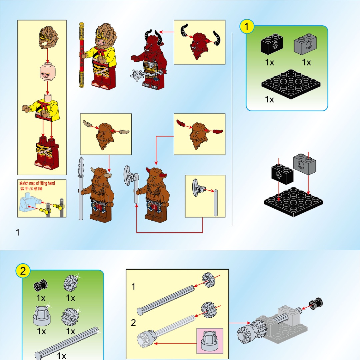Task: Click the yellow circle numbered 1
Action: point(247,27)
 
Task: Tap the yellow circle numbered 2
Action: point(23,271)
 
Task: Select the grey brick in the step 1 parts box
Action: point(305,44)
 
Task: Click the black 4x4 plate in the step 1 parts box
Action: point(291,84)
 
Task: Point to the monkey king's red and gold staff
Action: point(82,55)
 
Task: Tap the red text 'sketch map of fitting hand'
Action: point(37,183)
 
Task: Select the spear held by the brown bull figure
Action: point(81,188)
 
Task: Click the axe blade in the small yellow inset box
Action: point(196,187)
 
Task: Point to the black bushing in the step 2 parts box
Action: point(40,285)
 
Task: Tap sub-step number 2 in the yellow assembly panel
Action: point(133,323)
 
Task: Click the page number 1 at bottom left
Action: point(17,232)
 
